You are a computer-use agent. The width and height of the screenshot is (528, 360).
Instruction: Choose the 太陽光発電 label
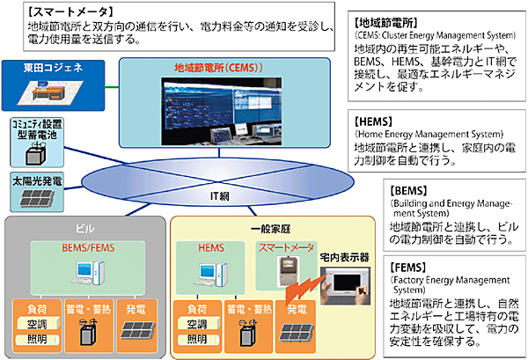(37, 180)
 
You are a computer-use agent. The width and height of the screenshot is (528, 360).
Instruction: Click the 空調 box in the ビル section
(37, 325)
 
